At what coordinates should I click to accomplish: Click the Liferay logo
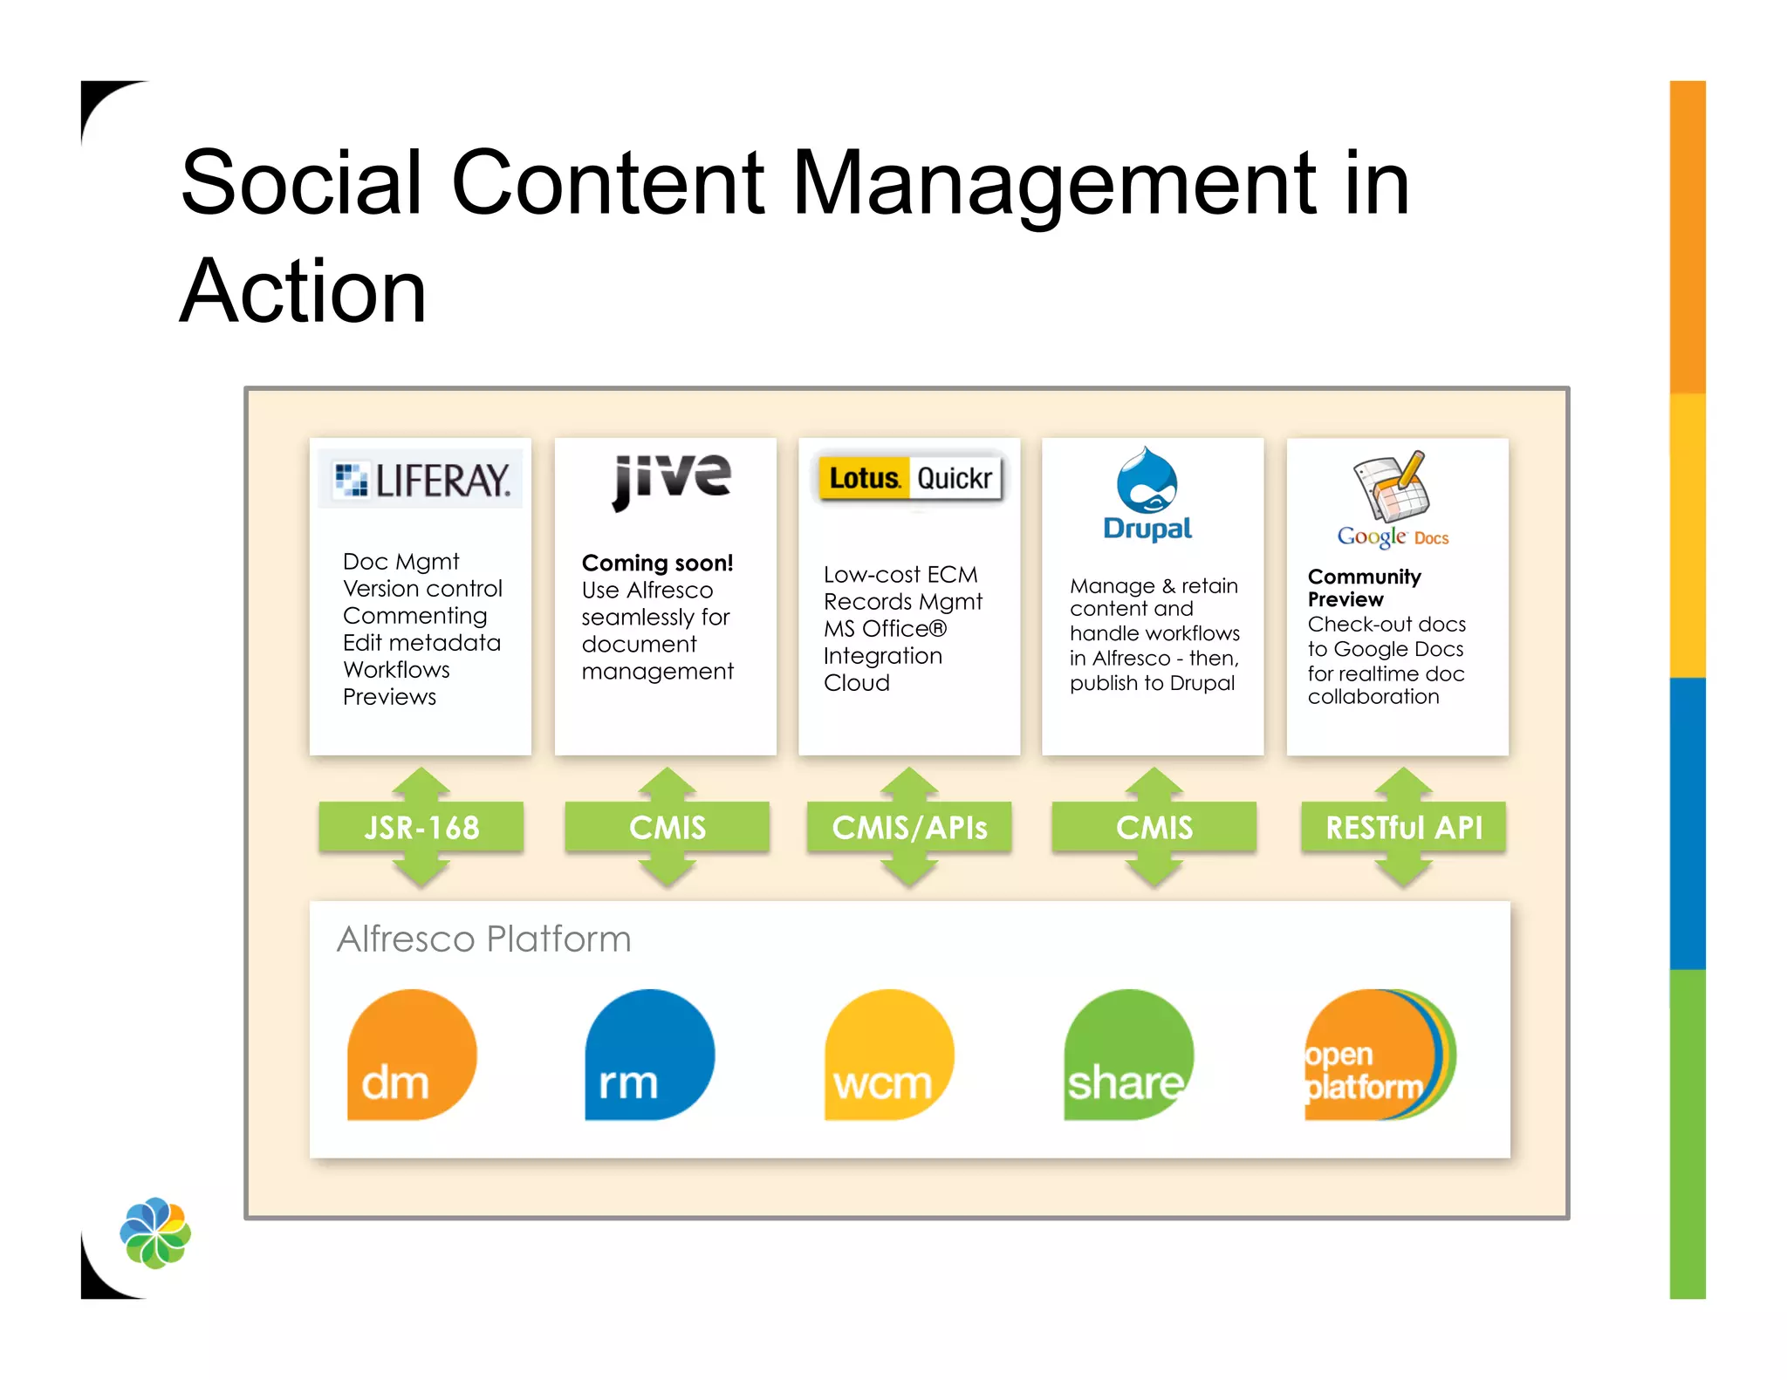click(421, 479)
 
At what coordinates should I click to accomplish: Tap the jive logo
click(671, 480)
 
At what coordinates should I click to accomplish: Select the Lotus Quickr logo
click(909, 478)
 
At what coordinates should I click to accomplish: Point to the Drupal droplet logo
click(1147, 482)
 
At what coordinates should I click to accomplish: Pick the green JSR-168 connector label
click(421, 827)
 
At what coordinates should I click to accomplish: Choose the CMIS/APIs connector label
click(909, 827)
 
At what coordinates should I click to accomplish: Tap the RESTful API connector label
click(1403, 827)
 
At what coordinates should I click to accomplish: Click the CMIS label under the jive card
click(668, 827)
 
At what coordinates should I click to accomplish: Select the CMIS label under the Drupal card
click(1154, 827)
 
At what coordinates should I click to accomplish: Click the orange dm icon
click(411, 1055)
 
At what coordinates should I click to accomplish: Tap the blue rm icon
click(649, 1055)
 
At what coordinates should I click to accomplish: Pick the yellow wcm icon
click(888, 1055)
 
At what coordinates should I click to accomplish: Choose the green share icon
click(1127, 1055)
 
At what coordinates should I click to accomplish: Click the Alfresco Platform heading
click(483, 939)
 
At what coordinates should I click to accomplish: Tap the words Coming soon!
click(657, 563)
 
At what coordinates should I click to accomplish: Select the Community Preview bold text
click(1363, 588)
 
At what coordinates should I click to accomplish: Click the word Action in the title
click(303, 291)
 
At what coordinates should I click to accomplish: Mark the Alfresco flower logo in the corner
click(155, 1233)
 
